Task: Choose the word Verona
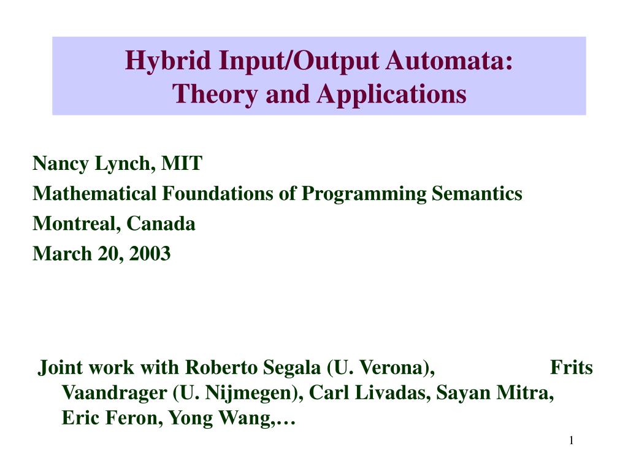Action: pos(392,368)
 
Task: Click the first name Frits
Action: pos(572,368)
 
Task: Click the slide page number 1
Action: pos(571,442)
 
